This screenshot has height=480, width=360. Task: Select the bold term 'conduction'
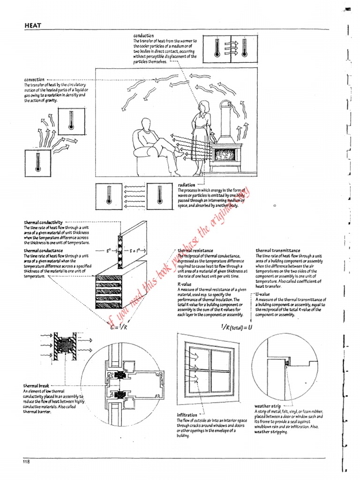coord(143,36)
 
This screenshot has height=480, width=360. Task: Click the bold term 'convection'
coord(34,80)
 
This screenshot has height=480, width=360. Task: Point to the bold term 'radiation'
coord(187,185)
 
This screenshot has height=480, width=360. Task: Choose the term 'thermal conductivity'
coord(44,222)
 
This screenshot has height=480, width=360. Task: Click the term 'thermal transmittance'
coord(278,251)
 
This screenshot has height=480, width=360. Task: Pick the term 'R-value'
coord(183,284)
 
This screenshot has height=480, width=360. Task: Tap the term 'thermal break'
coord(36,385)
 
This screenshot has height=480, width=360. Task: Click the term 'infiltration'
coord(187,415)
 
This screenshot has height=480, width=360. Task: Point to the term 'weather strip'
coord(268,406)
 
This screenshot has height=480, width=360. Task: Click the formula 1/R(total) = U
coord(234,327)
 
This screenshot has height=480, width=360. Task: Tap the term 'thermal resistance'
coord(196,251)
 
